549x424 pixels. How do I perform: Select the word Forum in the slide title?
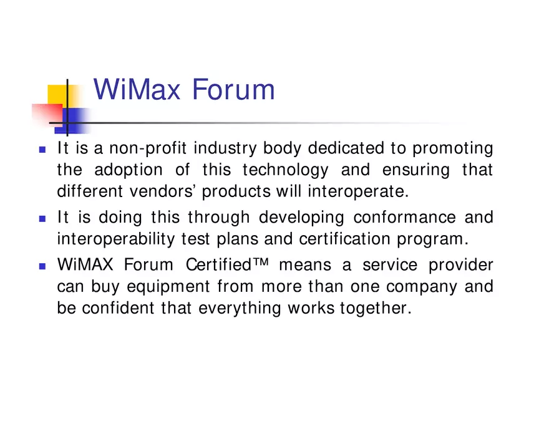coord(233,89)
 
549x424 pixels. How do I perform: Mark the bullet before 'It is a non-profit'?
coord(42,150)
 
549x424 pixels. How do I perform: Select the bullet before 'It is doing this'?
coord(42,219)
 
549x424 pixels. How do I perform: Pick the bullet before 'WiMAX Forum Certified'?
coord(42,266)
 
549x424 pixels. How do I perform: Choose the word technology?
coord(285,170)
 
